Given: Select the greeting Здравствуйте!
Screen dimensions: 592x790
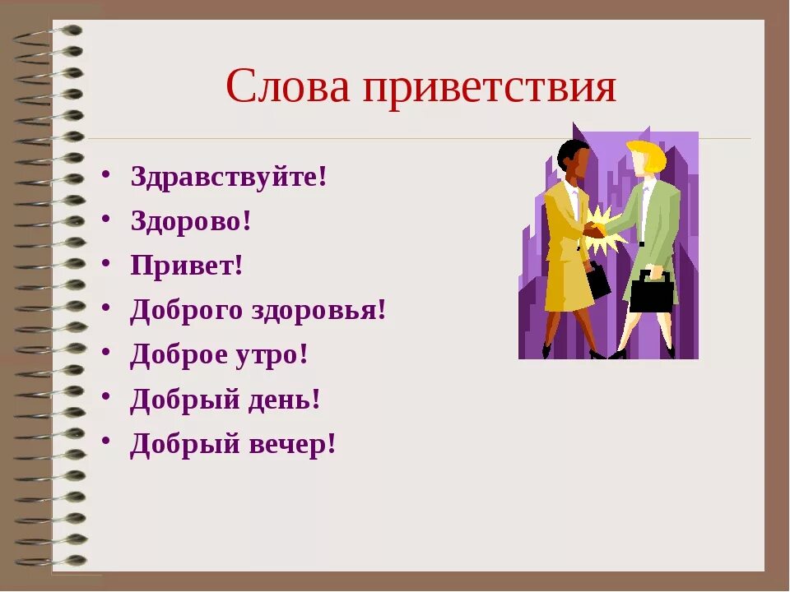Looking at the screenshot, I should [229, 177].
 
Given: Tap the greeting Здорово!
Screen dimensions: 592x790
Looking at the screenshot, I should [190, 221].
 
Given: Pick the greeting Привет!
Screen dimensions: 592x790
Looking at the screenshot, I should [187, 266].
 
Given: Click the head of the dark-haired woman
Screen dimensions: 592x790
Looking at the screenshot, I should [572, 160].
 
